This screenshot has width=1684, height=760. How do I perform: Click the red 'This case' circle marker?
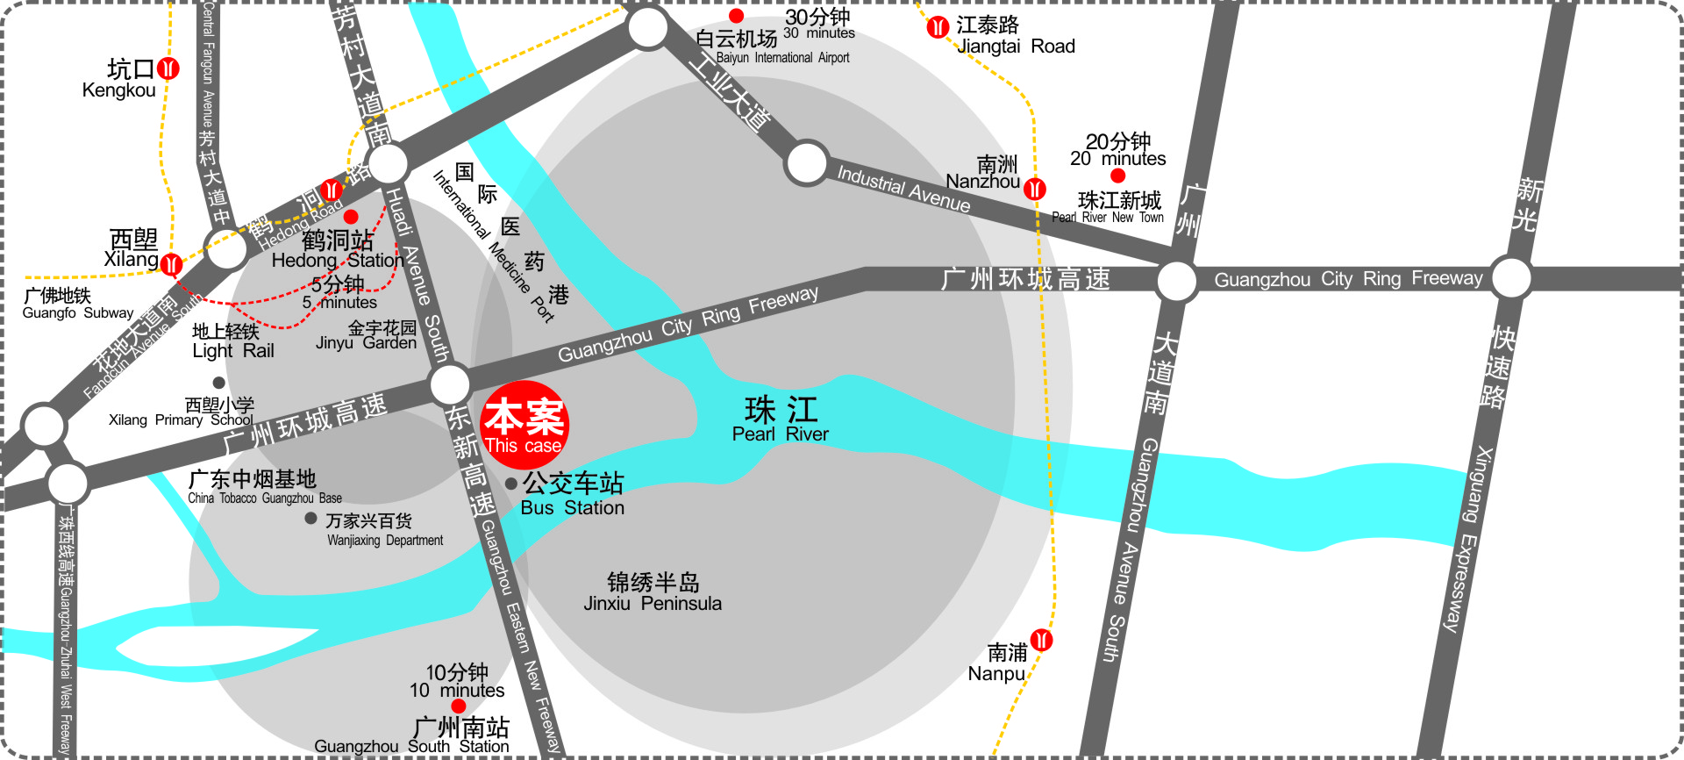524,425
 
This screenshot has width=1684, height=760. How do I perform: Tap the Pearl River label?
780,419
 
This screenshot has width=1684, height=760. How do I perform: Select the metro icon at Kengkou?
168,68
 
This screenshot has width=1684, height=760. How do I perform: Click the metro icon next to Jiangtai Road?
938,27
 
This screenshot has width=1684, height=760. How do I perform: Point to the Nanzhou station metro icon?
1035,189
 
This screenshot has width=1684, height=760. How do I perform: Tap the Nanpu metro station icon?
1041,640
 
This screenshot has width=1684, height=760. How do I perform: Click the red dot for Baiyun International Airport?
737,16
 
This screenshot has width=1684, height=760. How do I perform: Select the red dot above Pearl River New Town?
1117,176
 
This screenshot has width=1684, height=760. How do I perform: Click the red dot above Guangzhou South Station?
458,706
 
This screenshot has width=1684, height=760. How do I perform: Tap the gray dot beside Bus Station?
511,484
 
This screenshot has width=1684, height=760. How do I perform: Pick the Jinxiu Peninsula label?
653,592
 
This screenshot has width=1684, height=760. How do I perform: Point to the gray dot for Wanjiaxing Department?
310,518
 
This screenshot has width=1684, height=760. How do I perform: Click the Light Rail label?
232,341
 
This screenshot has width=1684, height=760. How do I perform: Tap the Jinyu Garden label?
367,335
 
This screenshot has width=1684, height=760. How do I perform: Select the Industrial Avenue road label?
903,189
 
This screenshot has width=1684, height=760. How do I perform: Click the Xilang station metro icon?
172,263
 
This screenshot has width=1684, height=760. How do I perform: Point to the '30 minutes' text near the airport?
818,32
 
